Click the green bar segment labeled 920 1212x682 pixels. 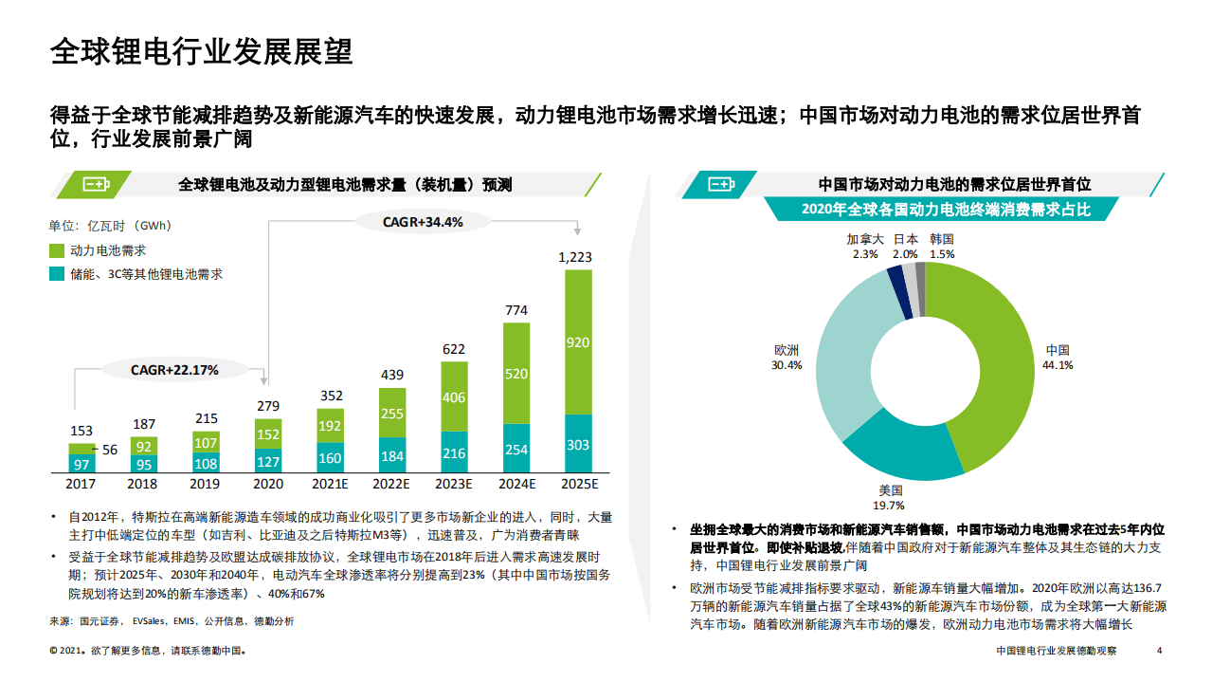point(578,342)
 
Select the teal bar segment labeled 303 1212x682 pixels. point(578,444)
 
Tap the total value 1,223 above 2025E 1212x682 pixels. point(575,257)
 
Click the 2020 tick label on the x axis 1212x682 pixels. point(268,484)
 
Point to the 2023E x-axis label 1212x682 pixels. point(454,484)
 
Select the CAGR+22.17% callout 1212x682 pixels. point(174,370)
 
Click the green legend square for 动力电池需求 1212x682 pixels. point(56,251)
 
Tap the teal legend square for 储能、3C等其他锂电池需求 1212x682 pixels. point(56,274)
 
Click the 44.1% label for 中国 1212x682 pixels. point(1058,365)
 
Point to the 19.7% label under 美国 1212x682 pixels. point(891,506)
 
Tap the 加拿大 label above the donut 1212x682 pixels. point(864,240)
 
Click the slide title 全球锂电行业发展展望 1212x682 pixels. point(201,51)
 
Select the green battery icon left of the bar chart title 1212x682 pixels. point(96,184)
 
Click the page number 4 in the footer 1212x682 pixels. point(1160,651)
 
